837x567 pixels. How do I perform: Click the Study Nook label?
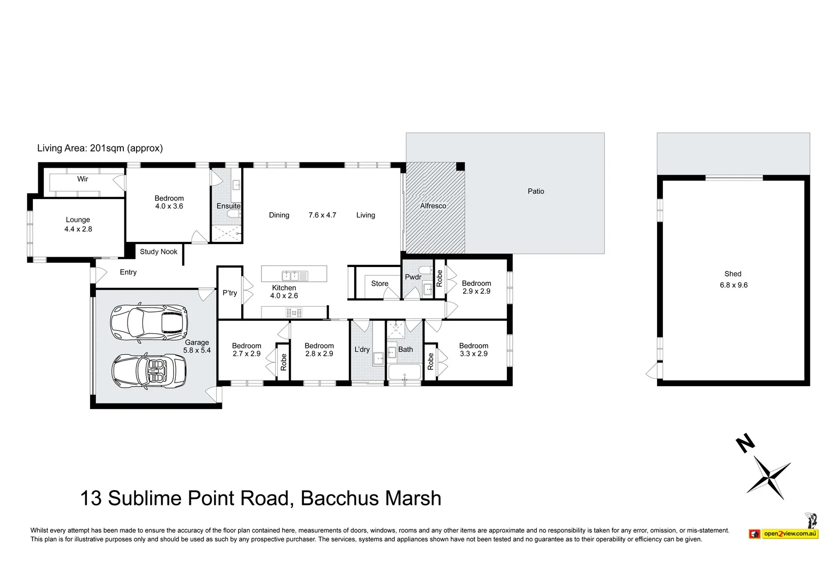coord(159,251)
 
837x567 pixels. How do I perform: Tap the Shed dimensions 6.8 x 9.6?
coord(733,285)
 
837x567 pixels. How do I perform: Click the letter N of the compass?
coord(745,443)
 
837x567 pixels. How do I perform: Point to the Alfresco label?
coord(433,206)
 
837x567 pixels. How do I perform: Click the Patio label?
coord(536,191)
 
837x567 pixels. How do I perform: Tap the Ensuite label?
coord(228,206)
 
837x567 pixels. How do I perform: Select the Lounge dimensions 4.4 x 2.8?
coord(78,229)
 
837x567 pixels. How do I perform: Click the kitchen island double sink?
coord(295,276)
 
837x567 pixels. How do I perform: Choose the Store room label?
coord(380,284)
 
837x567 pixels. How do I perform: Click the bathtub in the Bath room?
coord(405,372)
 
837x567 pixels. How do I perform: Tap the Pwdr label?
coord(413,277)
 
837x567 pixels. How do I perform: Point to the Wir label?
coord(83,179)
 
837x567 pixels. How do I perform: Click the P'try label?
coord(230,293)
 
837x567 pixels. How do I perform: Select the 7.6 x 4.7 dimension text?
coord(322,215)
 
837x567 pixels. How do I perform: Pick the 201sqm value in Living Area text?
coord(107,148)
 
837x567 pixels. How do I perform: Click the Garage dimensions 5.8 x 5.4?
coord(197,351)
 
